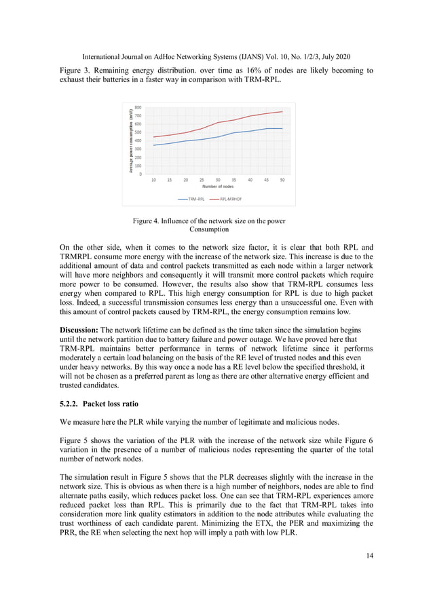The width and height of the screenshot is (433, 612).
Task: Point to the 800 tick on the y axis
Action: pyautogui.click(x=138, y=107)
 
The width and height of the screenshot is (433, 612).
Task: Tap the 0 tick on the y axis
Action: pyautogui.click(x=140, y=174)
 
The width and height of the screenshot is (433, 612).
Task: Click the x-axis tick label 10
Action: pyautogui.click(x=153, y=180)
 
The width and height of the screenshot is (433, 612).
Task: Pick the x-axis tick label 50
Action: pyautogui.click(x=282, y=180)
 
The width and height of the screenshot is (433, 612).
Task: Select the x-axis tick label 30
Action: pyautogui.click(x=218, y=180)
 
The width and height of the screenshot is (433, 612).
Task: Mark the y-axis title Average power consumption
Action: pyautogui.click(x=129, y=140)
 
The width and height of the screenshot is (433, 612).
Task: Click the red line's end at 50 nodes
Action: pyautogui.click(x=282, y=111)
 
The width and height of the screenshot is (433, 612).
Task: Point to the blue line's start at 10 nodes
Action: pyautogui.click(x=153, y=145)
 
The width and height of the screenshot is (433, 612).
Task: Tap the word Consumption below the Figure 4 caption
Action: pyautogui.click(x=208, y=230)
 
